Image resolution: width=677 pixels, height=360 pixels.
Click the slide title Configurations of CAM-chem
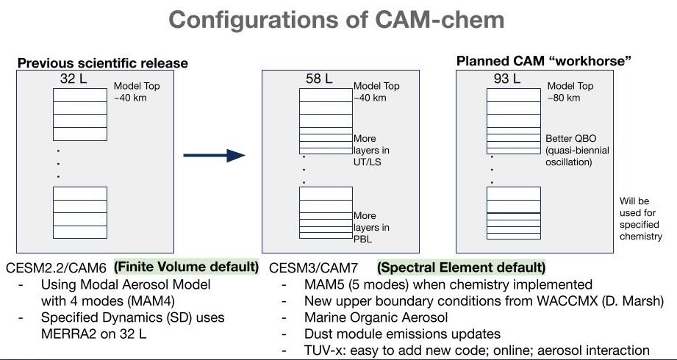coord(338,20)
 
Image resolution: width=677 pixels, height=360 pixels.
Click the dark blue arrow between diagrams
coord(213,155)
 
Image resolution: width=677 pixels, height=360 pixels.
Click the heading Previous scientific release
coord(102,63)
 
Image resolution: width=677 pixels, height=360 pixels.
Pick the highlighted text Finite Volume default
coord(187,266)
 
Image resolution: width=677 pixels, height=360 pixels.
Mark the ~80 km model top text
coord(564,98)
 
